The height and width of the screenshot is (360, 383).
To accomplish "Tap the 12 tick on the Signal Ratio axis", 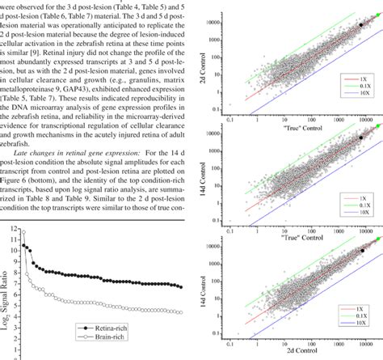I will [x=15, y=229].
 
